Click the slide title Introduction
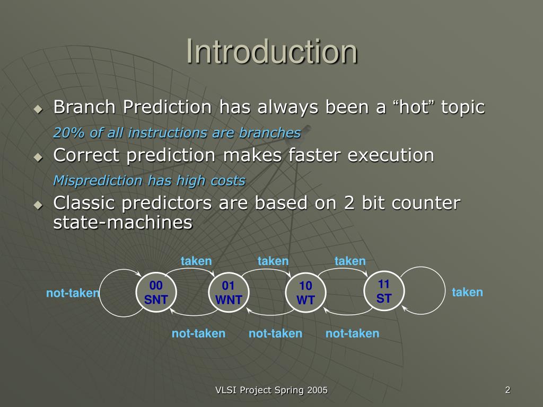click(272, 51)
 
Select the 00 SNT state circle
click(156, 293)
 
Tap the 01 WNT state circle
click(229, 293)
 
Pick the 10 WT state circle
click(305, 293)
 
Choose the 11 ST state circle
click(384, 291)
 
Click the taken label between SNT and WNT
click(196, 261)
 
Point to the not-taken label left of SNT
click(73, 293)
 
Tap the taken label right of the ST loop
click(467, 292)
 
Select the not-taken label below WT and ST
click(352, 333)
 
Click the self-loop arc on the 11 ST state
click(445, 291)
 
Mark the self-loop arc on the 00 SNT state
click(100, 293)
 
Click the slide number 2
click(507, 390)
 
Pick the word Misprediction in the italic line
click(98, 181)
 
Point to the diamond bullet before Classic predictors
click(38, 205)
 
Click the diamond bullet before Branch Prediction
click(38, 109)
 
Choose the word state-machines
click(123, 222)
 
